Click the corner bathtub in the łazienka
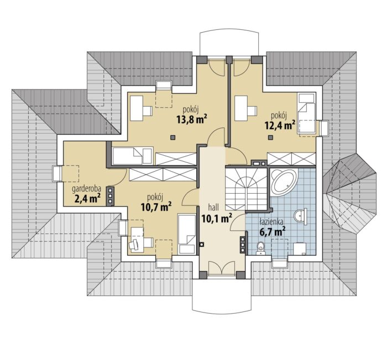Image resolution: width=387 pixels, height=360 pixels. pyautogui.click(x=284, y=182)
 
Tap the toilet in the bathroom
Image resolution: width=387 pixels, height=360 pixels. pyautogui.click(x=260, y=248)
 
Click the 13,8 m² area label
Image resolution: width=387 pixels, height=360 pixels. pyautogui.click(x=191, y=119)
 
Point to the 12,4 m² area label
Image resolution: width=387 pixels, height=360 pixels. pyautogui.click(x=280, y=125)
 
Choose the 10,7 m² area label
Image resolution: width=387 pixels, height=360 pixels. pyautogui.click(x=156, y=207)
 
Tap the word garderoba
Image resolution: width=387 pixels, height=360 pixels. pyautogui.click(x=86, y=189)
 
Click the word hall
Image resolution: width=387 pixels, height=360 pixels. pyautogui.click(x=213, y=208)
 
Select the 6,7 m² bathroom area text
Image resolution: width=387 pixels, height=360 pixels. pyautogui.click(x=272, y=232)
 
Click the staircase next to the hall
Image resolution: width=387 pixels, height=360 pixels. pyautogui.click(x=246, y=189)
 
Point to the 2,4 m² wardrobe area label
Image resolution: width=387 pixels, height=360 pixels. pyautogui.click(x=87, y=198)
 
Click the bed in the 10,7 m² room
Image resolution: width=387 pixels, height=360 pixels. pyautogui.click(x=187, y=234)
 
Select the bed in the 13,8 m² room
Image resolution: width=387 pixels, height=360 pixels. pyautogui.click(x=133, y=156)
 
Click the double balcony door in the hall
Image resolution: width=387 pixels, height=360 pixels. pyautogui.click(x=221, y=268)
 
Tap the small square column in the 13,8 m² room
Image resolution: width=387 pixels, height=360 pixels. pyautogui.click(x=173, y=137)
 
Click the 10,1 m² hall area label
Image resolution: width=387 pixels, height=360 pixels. pyautogui.click(x=217, y=218)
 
